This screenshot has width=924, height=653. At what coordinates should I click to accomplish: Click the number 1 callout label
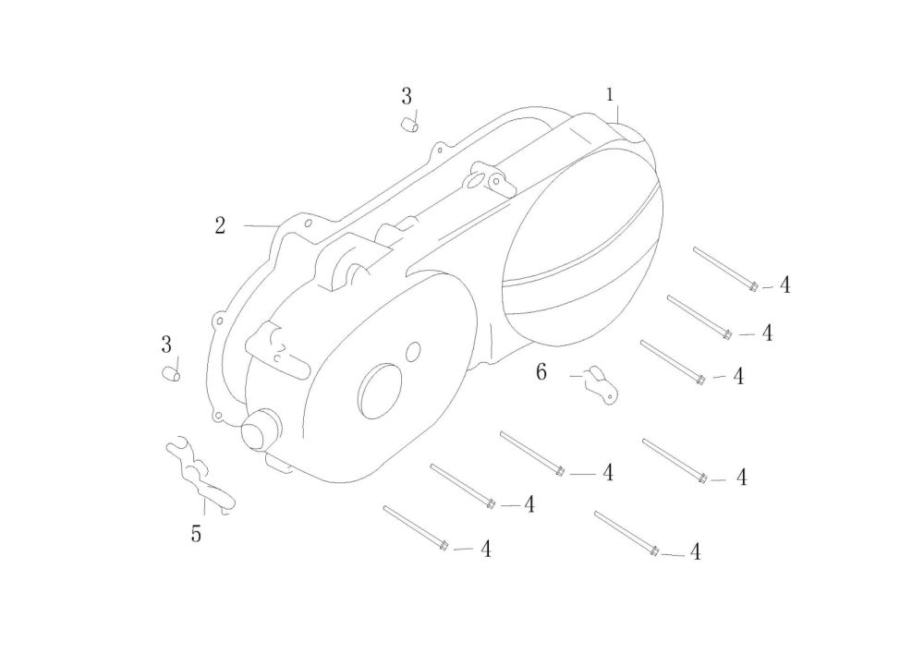[610, 95]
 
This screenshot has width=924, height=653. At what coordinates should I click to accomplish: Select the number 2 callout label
[220, 225]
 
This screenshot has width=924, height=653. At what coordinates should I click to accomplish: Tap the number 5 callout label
[196, 534]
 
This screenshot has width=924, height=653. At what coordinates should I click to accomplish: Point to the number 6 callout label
[541, 372]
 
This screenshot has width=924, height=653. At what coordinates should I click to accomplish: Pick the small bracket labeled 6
[602, 384]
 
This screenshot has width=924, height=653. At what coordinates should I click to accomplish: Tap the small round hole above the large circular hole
[413, 350]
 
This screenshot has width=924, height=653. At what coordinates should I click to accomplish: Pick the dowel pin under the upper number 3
[410, 126]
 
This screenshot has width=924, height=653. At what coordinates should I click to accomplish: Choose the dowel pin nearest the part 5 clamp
[170, 374]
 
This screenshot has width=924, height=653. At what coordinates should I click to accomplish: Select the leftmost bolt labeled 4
[415, 528]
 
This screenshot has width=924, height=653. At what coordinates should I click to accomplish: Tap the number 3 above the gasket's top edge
[407, 96]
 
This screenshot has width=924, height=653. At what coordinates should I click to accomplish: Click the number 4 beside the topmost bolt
[784, 285]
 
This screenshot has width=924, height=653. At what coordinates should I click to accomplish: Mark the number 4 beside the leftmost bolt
[485, 550]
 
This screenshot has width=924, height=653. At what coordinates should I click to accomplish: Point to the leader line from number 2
[261, 225]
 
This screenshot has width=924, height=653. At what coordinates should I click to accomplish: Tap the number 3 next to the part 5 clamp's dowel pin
[166, 345]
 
